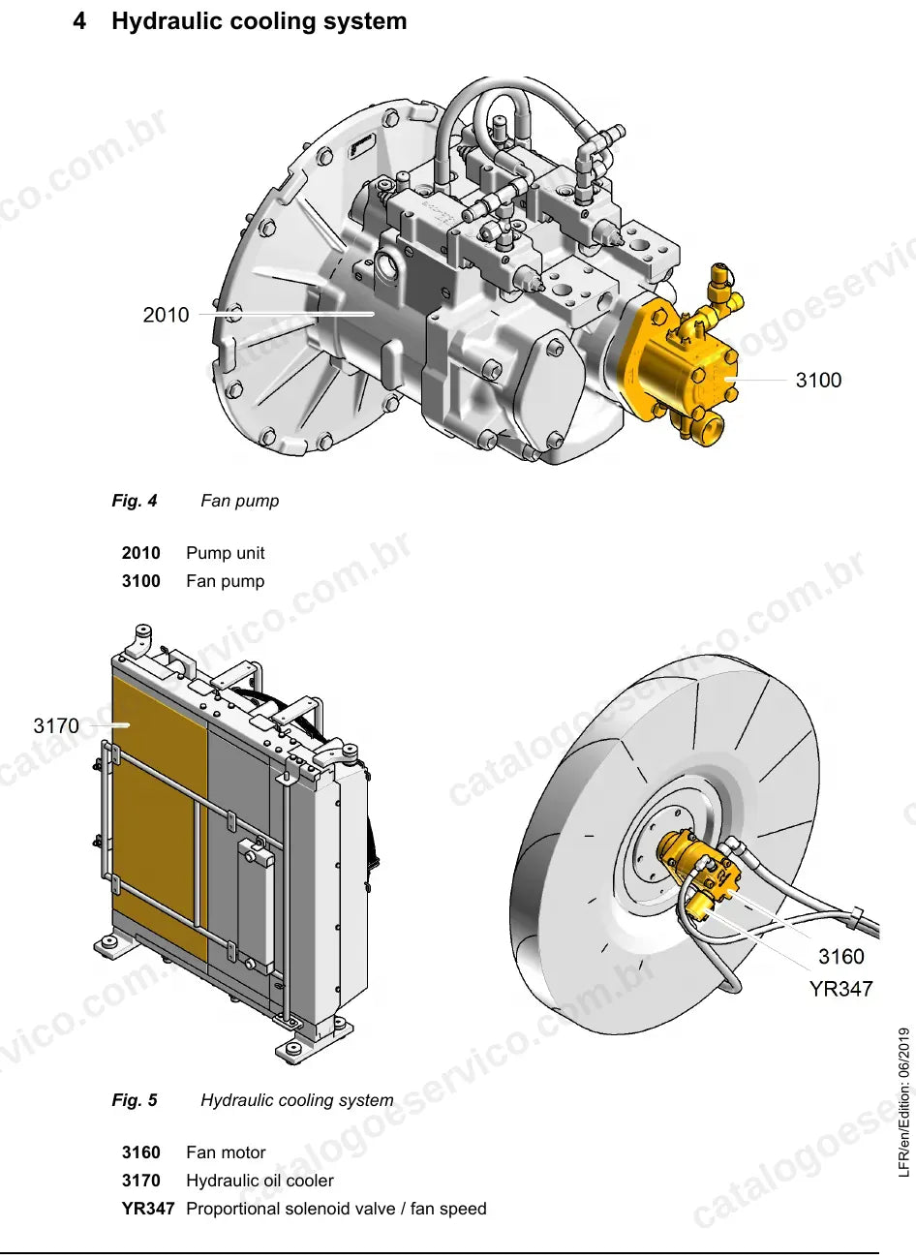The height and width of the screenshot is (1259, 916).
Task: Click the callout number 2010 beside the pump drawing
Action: (166, 315)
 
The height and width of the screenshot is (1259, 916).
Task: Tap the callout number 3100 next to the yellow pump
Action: (818, 380)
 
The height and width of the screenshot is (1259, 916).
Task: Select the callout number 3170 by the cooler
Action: (56, 725)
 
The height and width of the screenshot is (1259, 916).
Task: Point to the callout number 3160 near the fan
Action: (840, 956)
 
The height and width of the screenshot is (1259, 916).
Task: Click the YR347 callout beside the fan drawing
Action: (840, 989)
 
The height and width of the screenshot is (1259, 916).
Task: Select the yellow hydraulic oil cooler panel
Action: (160, 815)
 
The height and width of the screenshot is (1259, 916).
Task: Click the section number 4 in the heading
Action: (79, 21)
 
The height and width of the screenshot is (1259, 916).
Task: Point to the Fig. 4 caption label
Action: (135, 501)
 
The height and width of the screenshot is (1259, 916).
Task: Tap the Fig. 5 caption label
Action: (135, 1100)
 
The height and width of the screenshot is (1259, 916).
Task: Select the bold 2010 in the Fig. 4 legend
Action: (141, 553)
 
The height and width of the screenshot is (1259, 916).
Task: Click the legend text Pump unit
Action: (226, 553)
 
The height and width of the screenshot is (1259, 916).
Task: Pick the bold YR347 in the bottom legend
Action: (148, 1209)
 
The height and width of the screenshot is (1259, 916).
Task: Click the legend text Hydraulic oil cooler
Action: (260, 1181)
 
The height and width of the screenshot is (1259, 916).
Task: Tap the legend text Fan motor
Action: (226, 1152)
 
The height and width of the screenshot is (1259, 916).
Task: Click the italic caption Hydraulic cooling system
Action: (296, 1100)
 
